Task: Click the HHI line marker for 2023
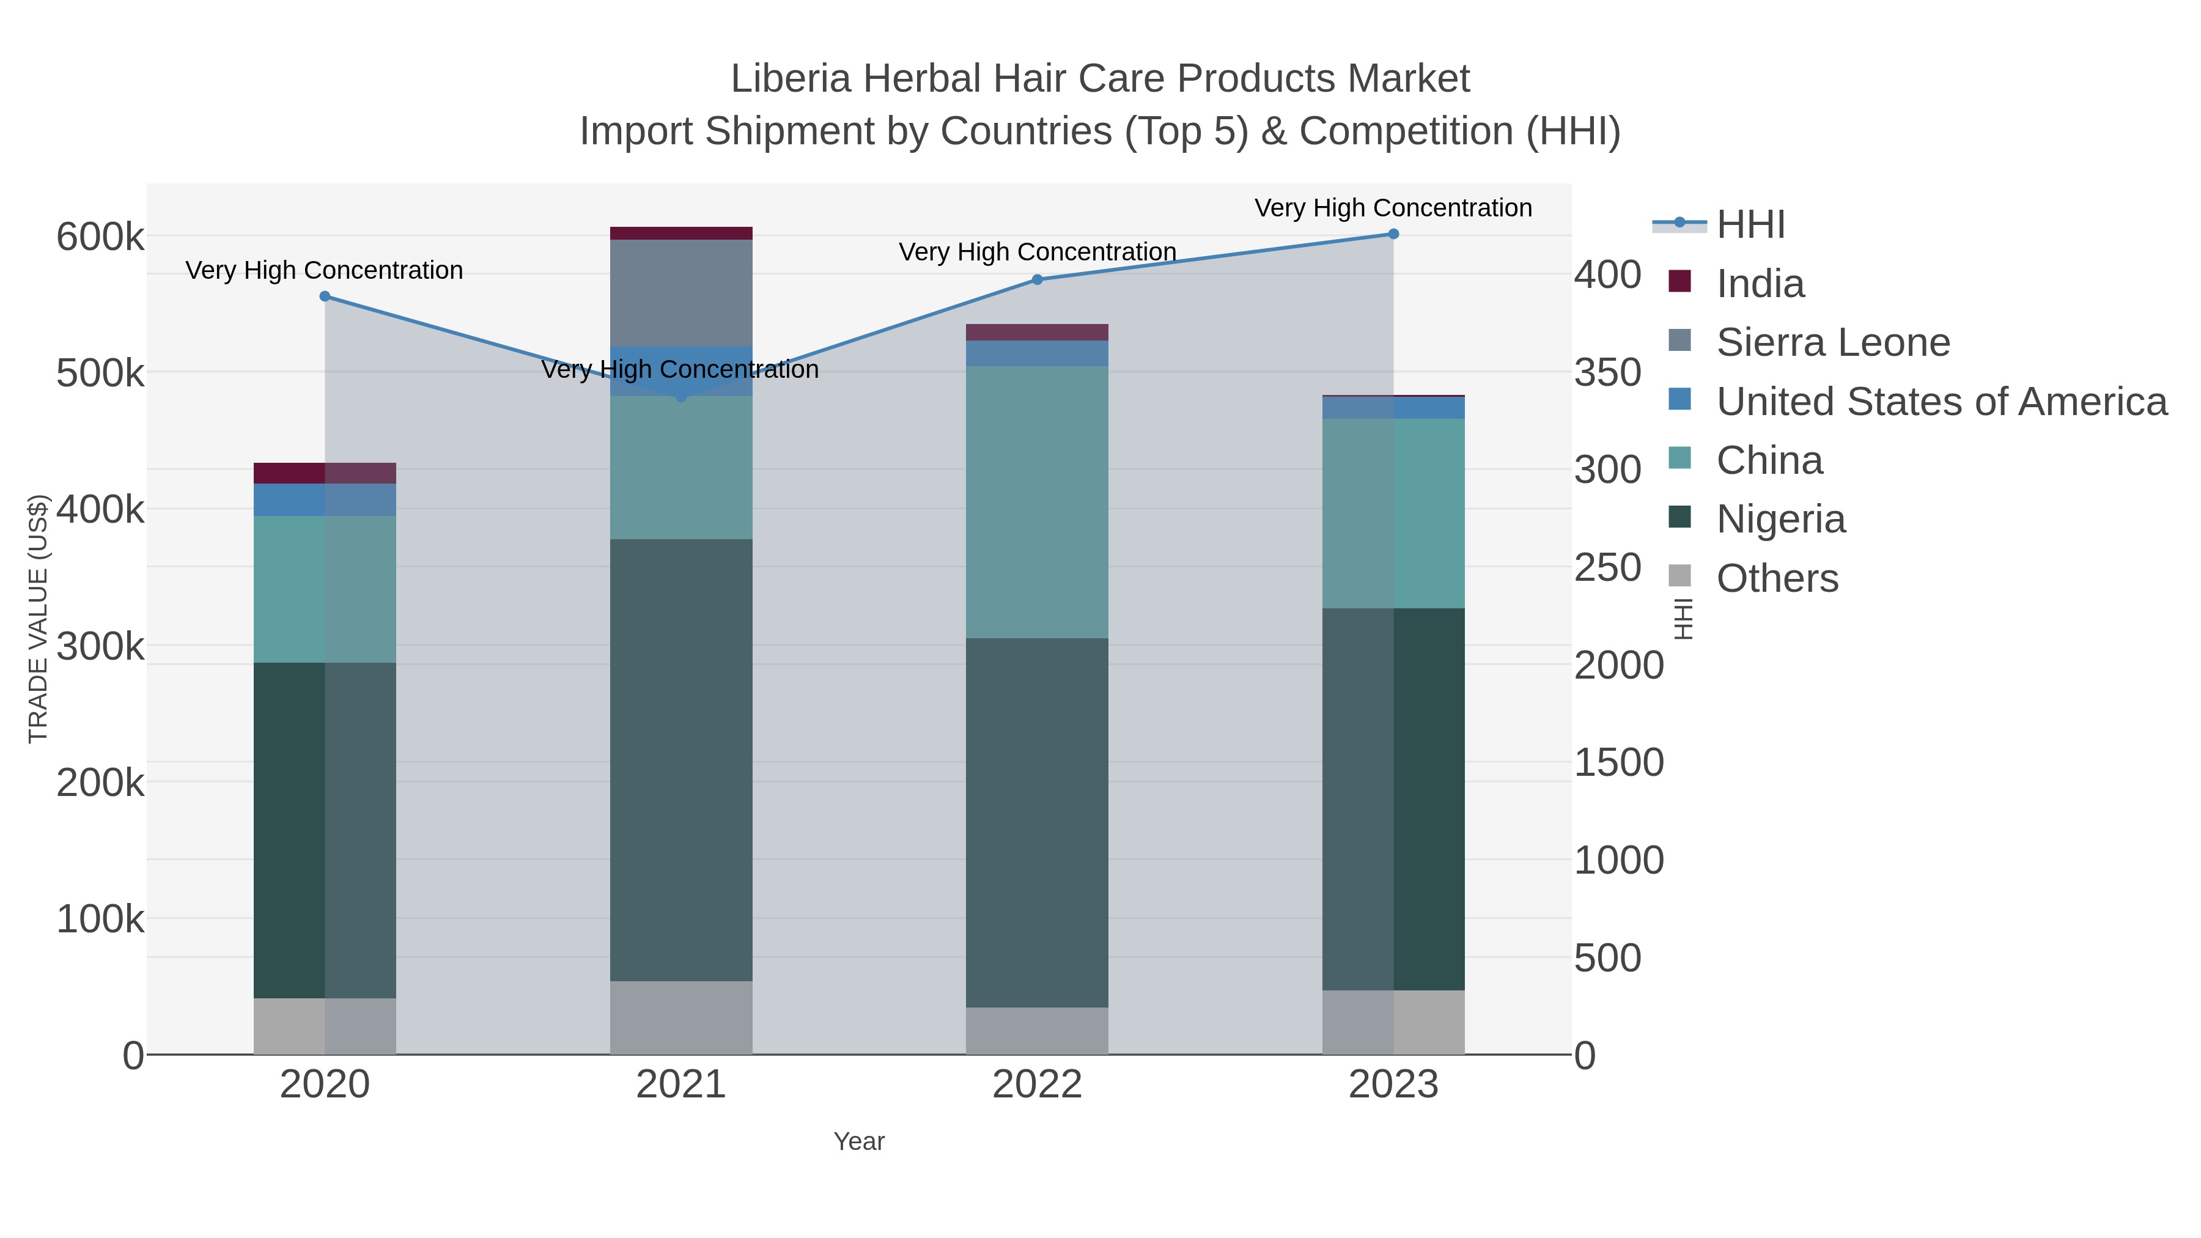click(1393, 234)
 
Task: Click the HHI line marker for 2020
click(325, 297)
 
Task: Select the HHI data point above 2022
click(1038, 279)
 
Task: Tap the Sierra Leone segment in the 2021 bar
click(681, 292)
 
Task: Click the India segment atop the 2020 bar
click(325, 473)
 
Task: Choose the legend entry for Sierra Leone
click(1833, 342)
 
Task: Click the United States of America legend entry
click(1939, 402)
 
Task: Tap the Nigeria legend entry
click(1780, 520)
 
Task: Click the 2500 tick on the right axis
click(1607, 568)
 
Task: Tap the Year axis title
click(859, 1141)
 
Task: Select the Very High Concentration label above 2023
click(1393, 208)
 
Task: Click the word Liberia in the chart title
click(791, 79)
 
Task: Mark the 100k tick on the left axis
click(100, 919)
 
